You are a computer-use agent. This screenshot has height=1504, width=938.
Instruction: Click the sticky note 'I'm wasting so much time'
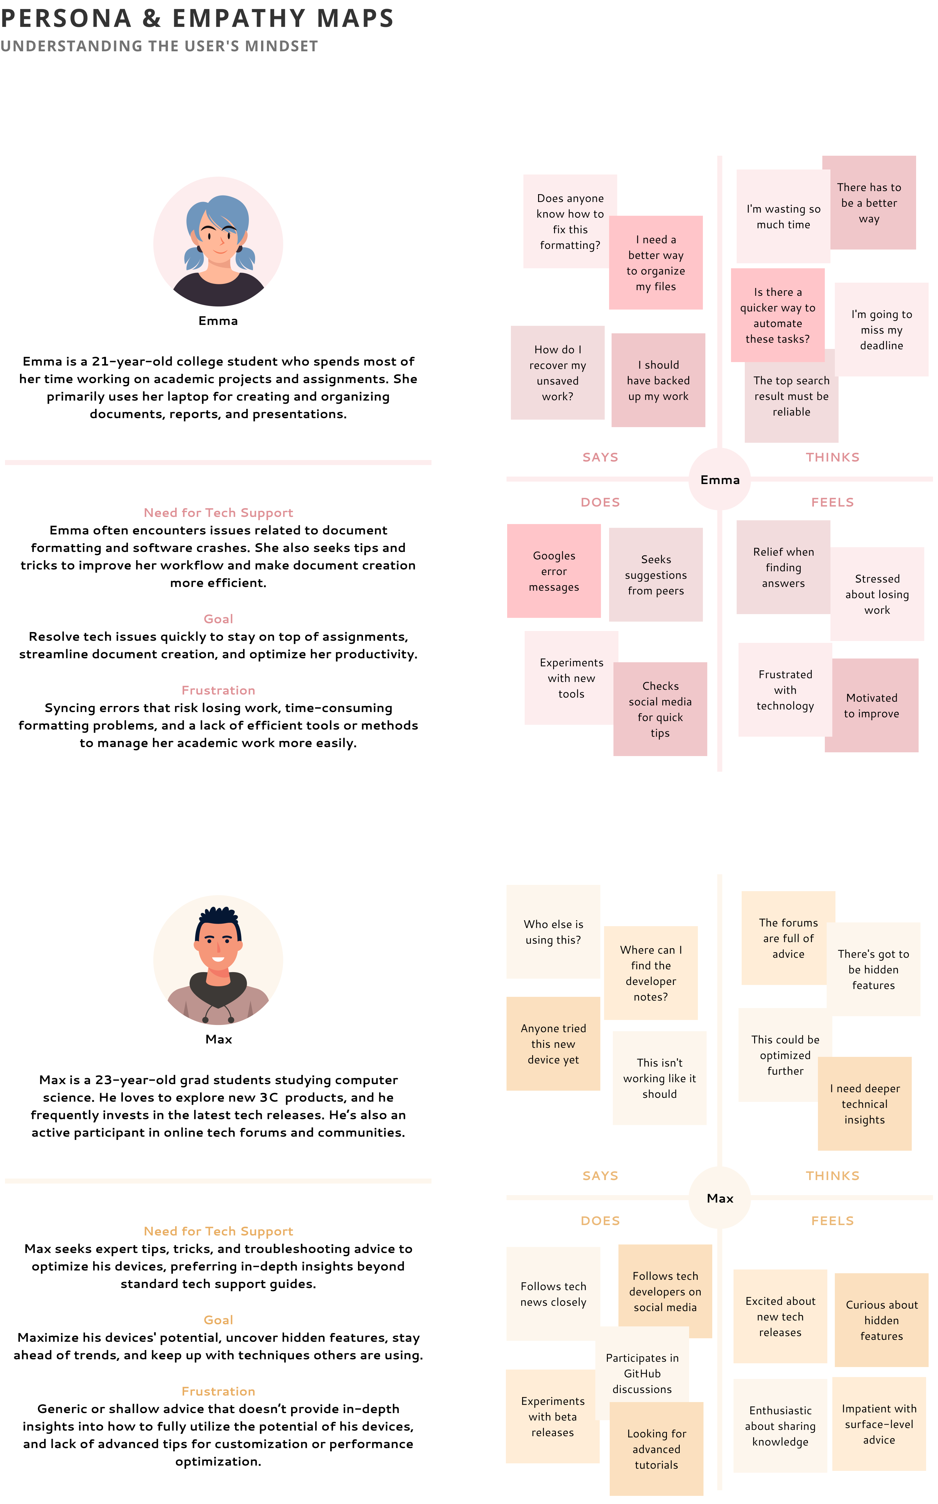point(783,216)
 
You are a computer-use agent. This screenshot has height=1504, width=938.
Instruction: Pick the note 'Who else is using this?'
point(553,931)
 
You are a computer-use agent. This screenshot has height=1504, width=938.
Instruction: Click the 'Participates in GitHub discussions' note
point(642,1373)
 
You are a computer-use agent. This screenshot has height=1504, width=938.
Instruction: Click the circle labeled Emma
point(720,479)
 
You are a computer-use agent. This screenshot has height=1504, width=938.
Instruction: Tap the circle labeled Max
point(720,1198)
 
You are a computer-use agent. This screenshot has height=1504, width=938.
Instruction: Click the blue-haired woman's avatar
point(218,242)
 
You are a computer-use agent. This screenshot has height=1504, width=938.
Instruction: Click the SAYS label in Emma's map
point(600,457)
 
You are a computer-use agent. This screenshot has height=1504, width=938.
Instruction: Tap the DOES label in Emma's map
point(600,502)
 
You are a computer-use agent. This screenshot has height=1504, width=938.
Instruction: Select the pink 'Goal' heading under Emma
point(218,619)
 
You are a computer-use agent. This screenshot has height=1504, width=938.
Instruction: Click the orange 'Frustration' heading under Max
point(218,1391)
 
